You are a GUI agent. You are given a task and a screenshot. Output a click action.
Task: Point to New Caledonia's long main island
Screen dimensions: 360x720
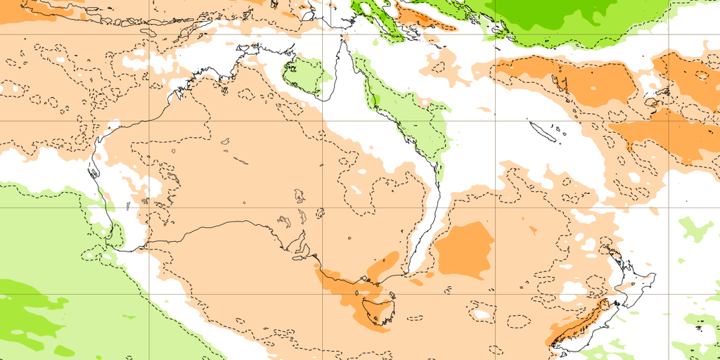click(541, 131)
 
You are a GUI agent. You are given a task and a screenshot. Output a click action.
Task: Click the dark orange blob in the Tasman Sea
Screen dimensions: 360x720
click(464, 250)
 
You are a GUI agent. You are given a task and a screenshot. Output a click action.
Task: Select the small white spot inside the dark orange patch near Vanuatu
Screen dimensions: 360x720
click(589, 90)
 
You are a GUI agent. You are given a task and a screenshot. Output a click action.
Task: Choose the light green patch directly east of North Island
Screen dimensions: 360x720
click(695, 229)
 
